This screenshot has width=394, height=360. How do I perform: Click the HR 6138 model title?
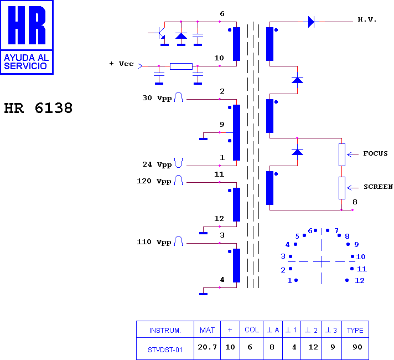pos(38,108)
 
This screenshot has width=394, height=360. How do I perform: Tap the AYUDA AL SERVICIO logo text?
pos(26,62)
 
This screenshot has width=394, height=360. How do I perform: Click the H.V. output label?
pos(367,19)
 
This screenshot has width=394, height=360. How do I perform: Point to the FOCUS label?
pos(375,153)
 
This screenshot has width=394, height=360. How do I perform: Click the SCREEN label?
pos(378,187)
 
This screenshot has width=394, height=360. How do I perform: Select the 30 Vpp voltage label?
pos(157,98)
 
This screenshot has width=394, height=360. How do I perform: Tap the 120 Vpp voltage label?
pos(154,181)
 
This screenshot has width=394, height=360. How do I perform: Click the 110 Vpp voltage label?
pos(154,242)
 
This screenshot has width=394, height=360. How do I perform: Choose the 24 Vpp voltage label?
pos(157,164)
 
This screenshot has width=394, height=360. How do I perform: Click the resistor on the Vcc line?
pos(181,66)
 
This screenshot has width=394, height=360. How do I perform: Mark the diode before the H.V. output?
pos(311,22)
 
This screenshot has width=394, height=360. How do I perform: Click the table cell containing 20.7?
pos(207,348)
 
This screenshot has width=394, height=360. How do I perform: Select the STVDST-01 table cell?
pos(165,349)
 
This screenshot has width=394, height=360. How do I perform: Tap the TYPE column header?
pos(355,330)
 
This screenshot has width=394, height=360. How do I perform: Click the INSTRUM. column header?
pos(165,330)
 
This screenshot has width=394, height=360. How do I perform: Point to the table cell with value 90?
pos(355,348)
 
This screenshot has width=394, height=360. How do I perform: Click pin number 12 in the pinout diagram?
pos(360,280)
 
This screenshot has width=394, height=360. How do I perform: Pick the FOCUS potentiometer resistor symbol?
pos(342,155)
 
